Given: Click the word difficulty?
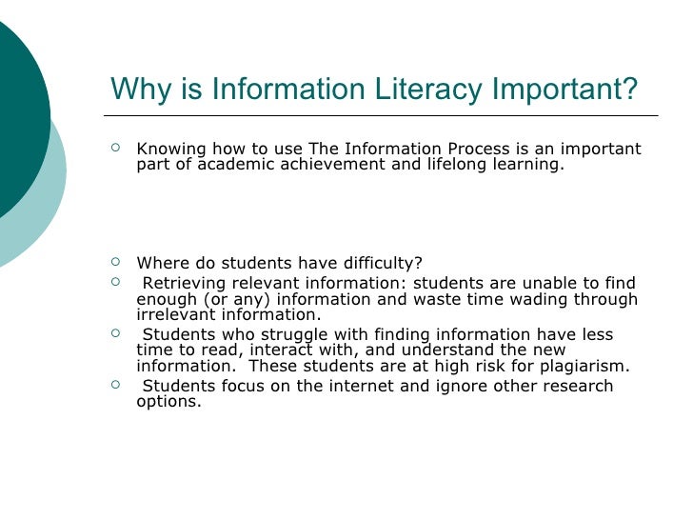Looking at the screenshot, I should point(381,264).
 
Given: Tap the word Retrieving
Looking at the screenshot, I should point(184,284).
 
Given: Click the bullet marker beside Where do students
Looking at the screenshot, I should point(116,263).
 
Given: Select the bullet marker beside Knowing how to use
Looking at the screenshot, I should point(116,149).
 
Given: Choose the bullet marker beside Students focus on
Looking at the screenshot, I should point(116,385).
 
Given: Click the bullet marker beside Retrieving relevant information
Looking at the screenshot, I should point(116,283).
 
